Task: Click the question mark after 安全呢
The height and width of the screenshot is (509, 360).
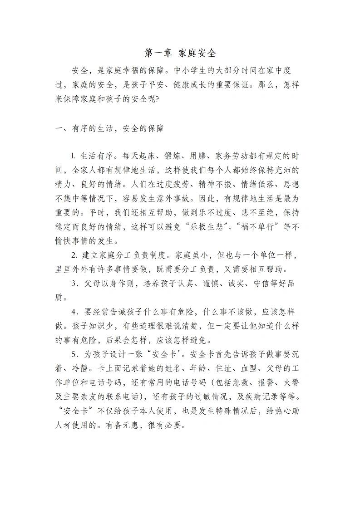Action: point(157,99)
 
